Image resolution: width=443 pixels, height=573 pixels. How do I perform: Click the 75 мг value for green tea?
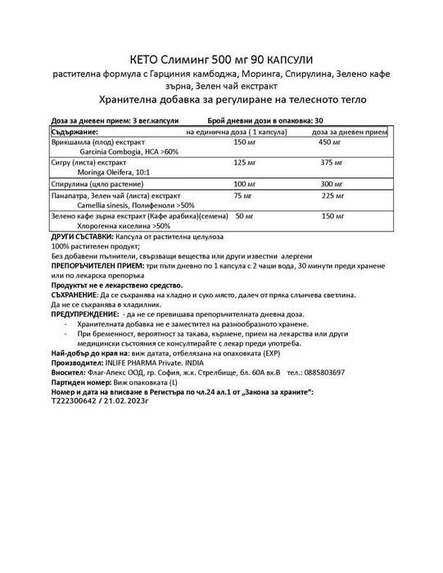point(242,196)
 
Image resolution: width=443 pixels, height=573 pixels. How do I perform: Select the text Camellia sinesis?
point(103,206)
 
